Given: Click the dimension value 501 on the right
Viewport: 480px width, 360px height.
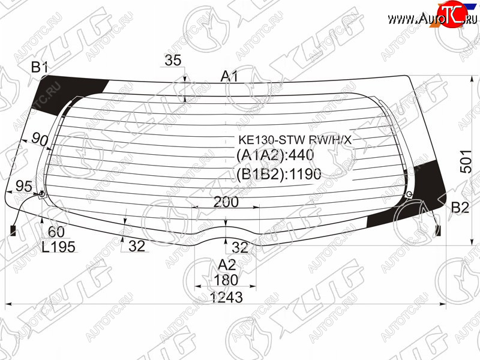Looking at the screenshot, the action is coord(467,161).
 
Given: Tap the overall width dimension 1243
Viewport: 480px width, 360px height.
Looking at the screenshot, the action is coord(226,297).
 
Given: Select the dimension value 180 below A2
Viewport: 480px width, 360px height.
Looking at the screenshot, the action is coord(226,280).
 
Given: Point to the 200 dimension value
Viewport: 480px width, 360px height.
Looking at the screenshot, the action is coord(226,202).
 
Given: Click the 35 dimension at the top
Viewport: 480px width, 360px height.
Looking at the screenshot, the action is coord(173,60).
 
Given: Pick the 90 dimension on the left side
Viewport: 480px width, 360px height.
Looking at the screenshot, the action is coord(40,140).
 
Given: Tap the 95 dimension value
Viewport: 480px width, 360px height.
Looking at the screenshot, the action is coord(23,186).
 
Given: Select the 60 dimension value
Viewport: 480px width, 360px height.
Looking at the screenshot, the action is coord(56,232).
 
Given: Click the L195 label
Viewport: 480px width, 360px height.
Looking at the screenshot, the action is coord(58,247).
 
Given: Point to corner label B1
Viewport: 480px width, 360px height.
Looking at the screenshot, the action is coord(40,67).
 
